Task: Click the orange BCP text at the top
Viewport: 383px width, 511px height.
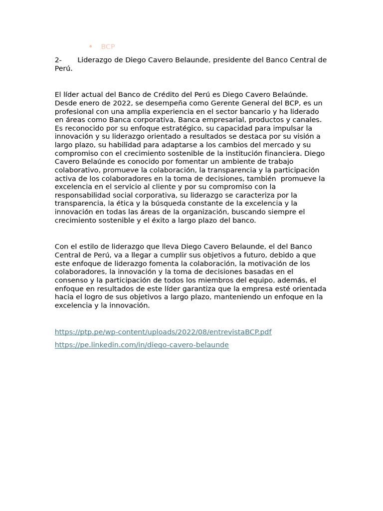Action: click(108, 46)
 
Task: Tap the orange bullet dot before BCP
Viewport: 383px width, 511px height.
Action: click(91, 46)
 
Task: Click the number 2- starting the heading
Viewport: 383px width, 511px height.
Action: click(58, 60)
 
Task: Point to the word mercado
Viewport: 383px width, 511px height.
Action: click(273, 145)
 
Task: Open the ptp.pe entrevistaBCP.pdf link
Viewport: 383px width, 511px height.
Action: click(163, 332)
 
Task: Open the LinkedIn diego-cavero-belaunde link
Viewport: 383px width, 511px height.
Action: click(142, 345)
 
